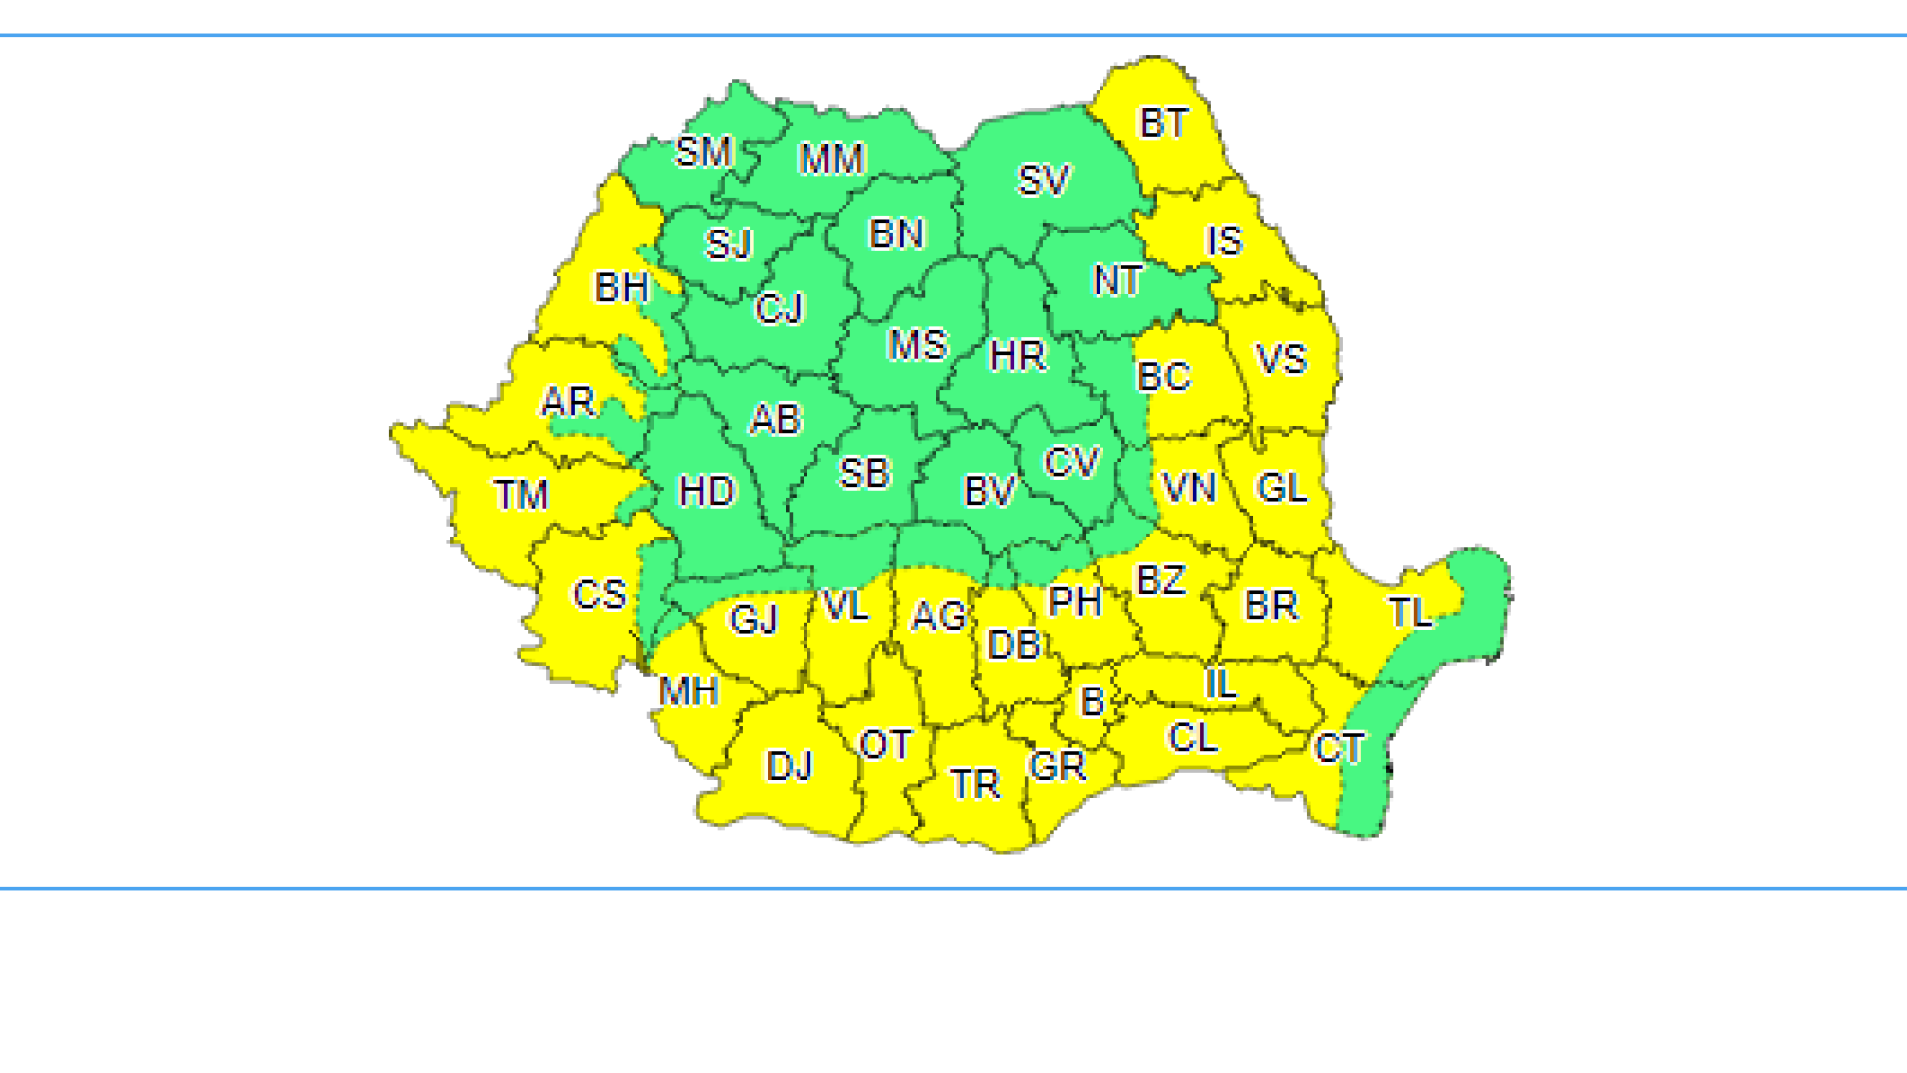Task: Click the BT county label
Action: point(1163,124)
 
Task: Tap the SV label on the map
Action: point(1043,181)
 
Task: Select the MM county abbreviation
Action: point(832,159)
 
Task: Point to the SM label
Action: point(704,153)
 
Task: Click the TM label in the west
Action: point(521,495)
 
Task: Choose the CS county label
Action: point(600,595)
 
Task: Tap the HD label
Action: point(707,491)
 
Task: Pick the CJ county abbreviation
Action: point(779,309)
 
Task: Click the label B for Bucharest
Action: point(1093,702)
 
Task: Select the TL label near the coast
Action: point(1410,613)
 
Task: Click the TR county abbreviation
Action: point(974,785)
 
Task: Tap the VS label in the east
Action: point(1281,359)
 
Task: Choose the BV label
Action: point(990,491)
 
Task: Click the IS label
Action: point(1224,240)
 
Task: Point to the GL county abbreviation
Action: point(1282,488)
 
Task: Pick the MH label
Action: point(688,691)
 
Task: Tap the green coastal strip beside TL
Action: point(1483,596)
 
